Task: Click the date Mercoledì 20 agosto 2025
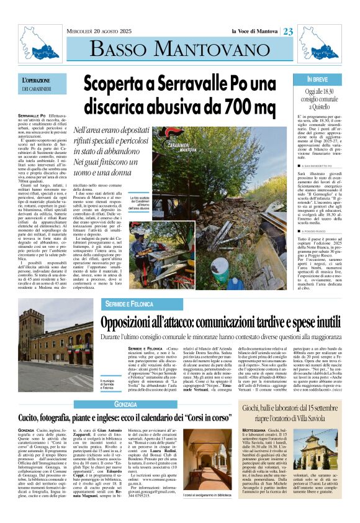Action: point(100,32)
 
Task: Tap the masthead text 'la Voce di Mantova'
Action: point(255,32)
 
